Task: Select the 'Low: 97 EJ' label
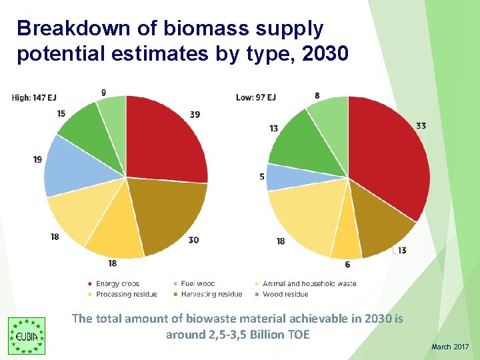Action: coord(256,97)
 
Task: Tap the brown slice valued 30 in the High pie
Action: coord(167,213)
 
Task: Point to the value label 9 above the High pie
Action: coord(103,92)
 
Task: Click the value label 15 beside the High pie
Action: coord(61,114)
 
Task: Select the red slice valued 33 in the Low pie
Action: coord(390,160)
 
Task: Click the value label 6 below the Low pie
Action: coord(347,265)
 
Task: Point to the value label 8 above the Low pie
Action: coord(317,96)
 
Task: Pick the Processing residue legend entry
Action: coord(123,294)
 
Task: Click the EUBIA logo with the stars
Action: coord(27,335)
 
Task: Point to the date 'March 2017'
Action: coord(450,347)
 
